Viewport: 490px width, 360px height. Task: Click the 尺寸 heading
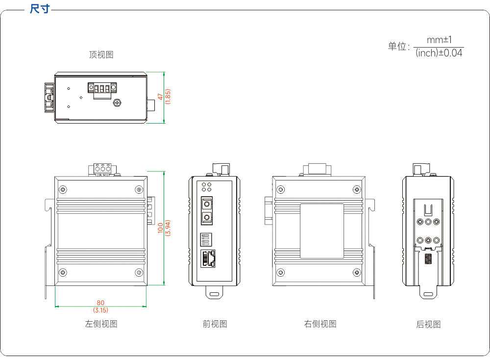40,9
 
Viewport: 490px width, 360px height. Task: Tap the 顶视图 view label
101,55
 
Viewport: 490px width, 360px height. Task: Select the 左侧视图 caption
101,324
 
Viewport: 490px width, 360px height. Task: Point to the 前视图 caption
215,324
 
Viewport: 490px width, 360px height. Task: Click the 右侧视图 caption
320,324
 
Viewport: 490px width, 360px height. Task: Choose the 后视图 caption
428,324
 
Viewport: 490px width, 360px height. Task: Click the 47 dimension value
160,97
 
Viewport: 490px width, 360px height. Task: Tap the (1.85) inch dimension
168,97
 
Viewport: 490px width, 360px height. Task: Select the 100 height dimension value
161,228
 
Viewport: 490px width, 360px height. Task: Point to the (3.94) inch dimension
168,228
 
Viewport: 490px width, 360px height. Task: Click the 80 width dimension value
100,303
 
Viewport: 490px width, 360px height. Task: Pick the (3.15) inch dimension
100,310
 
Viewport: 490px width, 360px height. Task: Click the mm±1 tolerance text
439,40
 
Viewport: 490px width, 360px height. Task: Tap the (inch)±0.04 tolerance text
439,53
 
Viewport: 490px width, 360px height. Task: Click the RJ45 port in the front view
208,258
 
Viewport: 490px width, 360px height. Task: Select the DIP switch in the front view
206,239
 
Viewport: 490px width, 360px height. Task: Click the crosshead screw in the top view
117,103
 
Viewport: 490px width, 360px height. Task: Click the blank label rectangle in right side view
322,231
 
